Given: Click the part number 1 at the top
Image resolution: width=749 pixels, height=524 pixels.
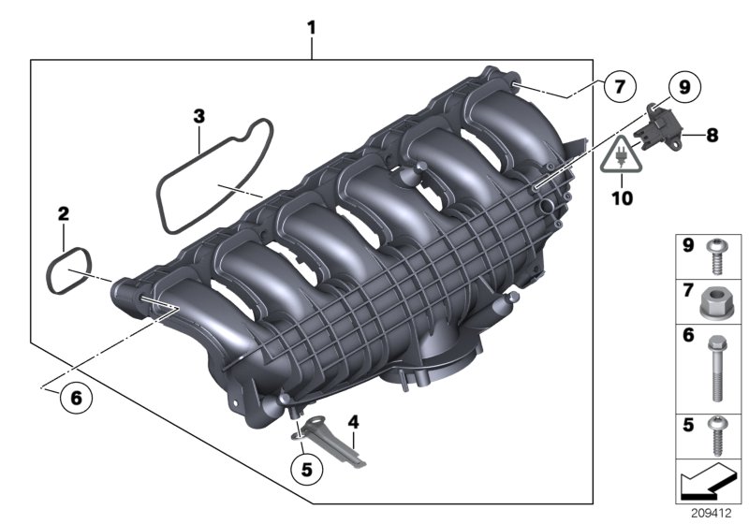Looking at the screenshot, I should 312,29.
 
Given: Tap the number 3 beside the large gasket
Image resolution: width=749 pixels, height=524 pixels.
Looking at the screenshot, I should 198,116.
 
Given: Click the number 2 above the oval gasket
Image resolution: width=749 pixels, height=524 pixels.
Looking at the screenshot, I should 63,214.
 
